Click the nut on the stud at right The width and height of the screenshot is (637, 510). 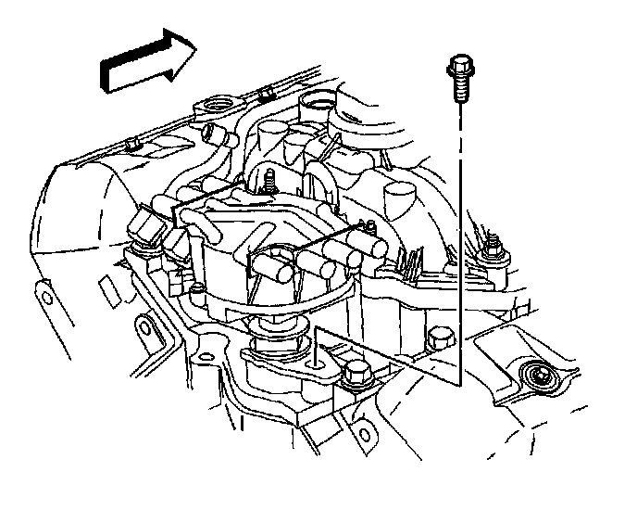(493, 247)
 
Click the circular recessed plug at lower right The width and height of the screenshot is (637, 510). (536, 376)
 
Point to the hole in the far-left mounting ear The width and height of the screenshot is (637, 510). (43, 295)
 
